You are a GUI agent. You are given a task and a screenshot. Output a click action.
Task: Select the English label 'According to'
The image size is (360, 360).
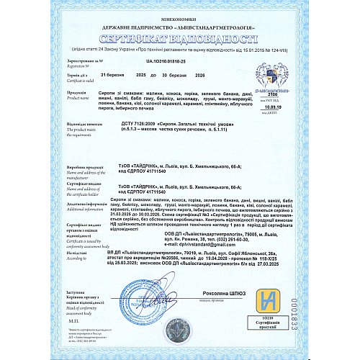[x=75, y=258]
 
